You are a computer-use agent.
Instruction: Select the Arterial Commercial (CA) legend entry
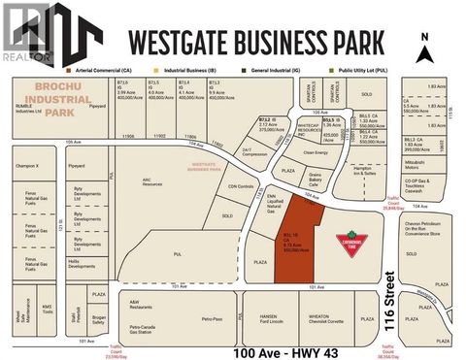point(103,71)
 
